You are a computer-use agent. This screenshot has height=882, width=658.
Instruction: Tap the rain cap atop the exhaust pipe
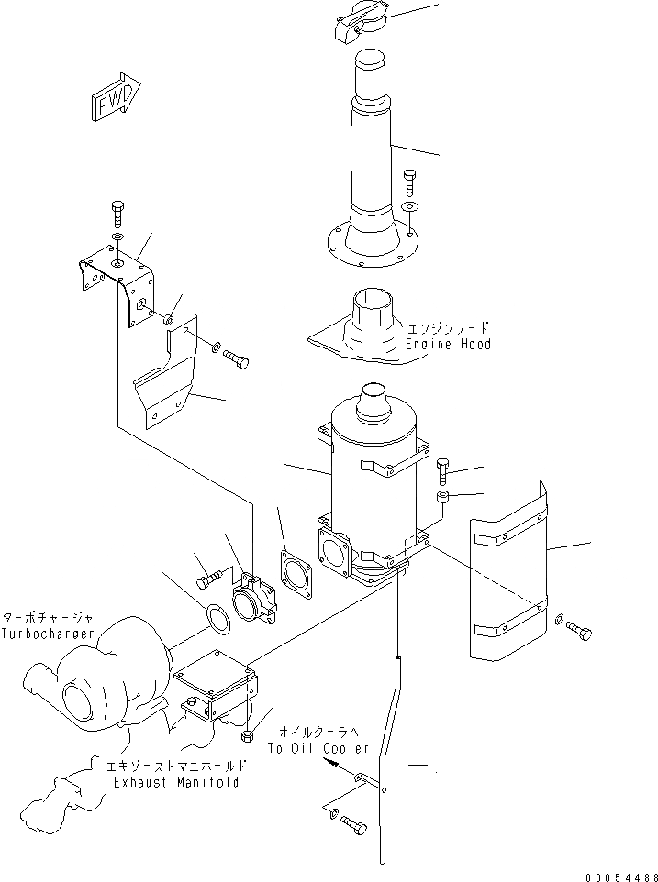361,19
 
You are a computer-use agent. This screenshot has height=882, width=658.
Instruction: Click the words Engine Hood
448,344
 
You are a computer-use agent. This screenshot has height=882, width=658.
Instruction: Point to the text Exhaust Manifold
176,782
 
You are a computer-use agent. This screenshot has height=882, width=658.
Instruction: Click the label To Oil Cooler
318,748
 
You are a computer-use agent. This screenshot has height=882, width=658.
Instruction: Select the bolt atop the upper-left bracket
117,212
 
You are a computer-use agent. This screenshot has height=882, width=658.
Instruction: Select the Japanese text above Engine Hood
448,327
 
